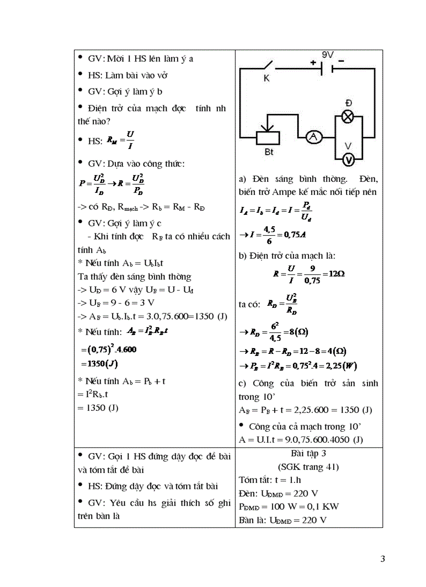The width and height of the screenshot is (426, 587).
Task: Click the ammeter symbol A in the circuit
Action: click(x=313, y=137)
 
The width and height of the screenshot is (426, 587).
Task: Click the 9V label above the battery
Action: click(x=328, y=54)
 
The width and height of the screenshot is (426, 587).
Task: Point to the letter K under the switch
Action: click(x=265, y=78)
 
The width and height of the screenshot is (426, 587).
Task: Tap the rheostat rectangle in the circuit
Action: click(x=268, y=137)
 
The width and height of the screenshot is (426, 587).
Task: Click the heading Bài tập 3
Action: click(x=309, y=453)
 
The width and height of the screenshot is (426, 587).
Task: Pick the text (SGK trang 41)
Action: click(x=309, y=466)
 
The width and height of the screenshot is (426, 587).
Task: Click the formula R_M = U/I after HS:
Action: click(x=120, y=140)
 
